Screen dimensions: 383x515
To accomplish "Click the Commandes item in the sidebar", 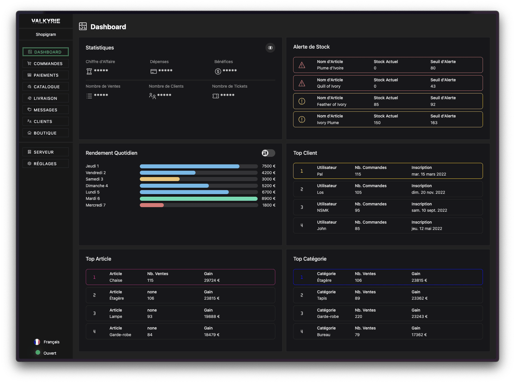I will [46, 64].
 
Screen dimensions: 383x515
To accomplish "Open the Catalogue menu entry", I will [46, 87].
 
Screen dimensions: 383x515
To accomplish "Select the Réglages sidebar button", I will [46, 164].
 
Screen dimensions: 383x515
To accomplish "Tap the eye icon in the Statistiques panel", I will [270, 48].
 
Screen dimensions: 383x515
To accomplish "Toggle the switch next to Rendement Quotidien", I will [268, 153].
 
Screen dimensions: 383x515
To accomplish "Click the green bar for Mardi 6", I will [198, 199].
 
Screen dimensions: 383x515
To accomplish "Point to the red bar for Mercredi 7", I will [152, 205].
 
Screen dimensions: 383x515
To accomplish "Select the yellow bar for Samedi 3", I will [160, 179].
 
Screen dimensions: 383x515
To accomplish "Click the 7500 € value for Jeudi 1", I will [268, 166].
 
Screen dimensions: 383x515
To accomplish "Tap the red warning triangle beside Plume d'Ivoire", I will [302, 65].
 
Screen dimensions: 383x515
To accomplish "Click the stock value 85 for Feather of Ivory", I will [376, 104].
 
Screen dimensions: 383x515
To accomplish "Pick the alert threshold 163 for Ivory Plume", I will [434, 123].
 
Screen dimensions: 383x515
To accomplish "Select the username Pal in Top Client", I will [320, 174].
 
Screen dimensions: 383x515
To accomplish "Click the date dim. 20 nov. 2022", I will [428, 193].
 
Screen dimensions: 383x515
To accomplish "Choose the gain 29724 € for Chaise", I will [212, 280].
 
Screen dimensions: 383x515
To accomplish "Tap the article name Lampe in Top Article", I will [116, 317].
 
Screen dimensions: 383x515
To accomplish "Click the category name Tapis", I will [322, 298].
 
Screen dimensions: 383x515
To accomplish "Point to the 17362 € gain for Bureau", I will [419, 335].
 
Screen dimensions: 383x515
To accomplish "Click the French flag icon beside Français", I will [37, 342].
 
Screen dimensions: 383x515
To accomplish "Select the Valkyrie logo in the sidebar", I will [46, 21].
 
